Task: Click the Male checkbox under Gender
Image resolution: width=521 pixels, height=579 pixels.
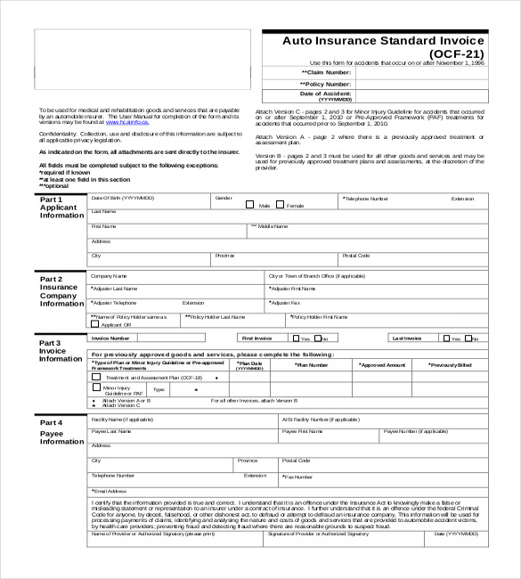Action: pos(250,204)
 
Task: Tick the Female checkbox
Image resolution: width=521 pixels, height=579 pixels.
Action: pos(280,204)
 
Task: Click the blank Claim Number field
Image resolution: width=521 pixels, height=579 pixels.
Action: pos(420,72)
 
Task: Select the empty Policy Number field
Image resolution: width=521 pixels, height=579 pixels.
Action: pos(420,84)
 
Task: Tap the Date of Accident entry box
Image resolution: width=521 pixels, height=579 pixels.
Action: pos(420,95)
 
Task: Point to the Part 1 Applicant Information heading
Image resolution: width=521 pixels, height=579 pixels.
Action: pos(61,208)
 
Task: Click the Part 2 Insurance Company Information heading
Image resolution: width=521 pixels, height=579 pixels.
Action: pos(61,291)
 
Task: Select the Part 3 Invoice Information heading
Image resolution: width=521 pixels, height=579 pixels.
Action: pos(61,350)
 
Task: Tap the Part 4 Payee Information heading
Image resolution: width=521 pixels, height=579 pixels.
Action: pos(61,432)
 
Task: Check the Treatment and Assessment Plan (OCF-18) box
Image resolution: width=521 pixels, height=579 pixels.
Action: pos(97,377)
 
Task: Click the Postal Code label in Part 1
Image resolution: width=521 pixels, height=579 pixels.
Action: pos(356,256)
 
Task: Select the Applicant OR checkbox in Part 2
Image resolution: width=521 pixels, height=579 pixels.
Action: pos(96,324)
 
